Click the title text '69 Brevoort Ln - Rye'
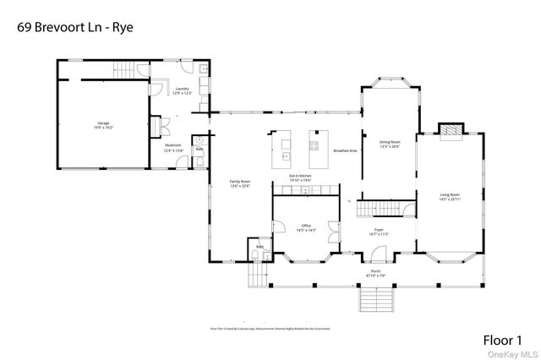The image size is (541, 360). click(x=75, y=26)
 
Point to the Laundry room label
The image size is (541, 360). click(x=181, y=90)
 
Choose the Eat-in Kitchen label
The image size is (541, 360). click(x=301, y=178)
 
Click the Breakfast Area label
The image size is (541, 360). click(x=345, y=150)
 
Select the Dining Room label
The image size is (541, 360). click(x=389, y=144)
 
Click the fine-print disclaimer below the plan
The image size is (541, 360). click(x=270, y=328)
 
